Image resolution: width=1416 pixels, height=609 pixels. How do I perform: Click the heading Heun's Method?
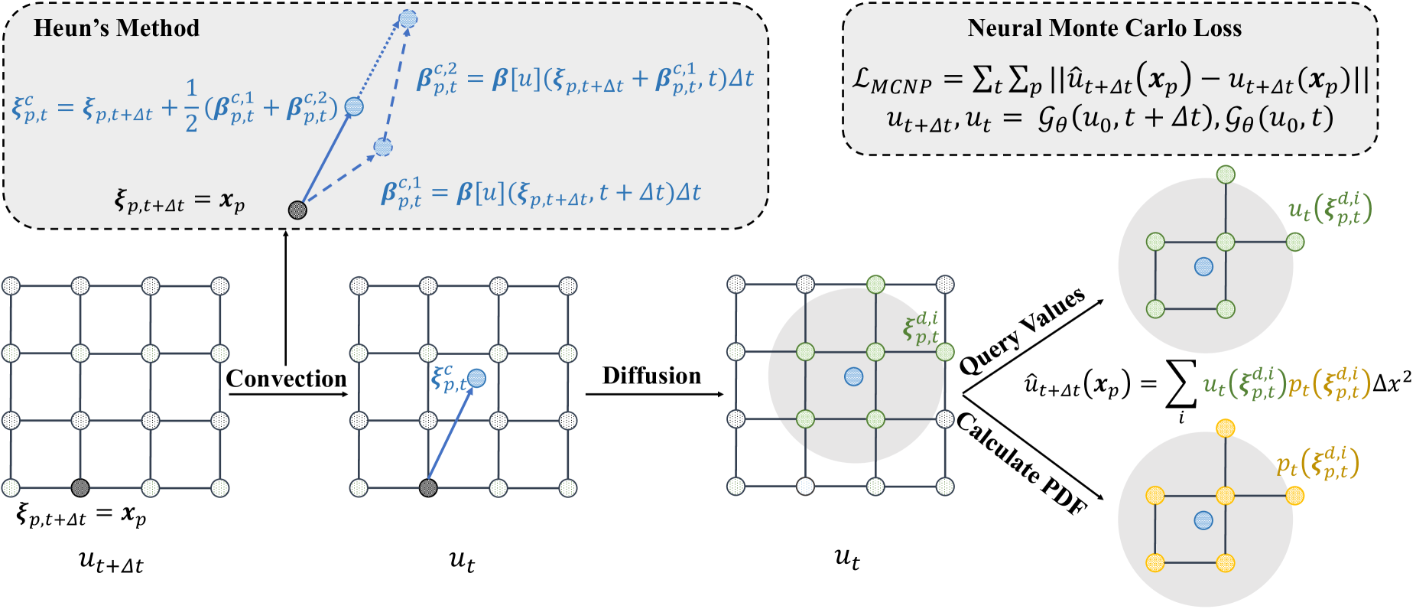116,28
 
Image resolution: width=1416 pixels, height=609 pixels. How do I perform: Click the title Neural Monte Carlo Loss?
1104,28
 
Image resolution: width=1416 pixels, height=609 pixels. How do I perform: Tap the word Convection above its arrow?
286,379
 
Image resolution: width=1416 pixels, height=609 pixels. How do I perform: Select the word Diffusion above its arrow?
651,376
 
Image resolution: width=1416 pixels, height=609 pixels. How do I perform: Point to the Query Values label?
1021,331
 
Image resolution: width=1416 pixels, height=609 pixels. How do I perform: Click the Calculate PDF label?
1021,464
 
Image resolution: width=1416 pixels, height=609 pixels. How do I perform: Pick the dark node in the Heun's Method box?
297,210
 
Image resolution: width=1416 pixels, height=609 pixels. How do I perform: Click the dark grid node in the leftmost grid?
80,487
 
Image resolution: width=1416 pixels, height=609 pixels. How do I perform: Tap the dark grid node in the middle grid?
428,487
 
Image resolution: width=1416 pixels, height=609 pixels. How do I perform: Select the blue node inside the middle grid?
476,378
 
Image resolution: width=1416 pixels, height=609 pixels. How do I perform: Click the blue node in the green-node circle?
1203,266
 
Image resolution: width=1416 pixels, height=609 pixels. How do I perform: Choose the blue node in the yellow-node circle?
1203,520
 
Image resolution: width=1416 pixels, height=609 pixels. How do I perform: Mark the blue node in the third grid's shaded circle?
853,376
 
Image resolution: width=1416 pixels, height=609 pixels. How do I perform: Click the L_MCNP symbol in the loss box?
891,80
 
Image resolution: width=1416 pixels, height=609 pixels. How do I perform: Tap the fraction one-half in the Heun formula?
191,106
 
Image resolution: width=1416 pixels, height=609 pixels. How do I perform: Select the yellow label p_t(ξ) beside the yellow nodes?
1317,464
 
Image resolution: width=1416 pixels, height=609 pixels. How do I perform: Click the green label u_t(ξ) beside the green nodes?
1330,208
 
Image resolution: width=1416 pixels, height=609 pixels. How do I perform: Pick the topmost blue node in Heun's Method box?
408,18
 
